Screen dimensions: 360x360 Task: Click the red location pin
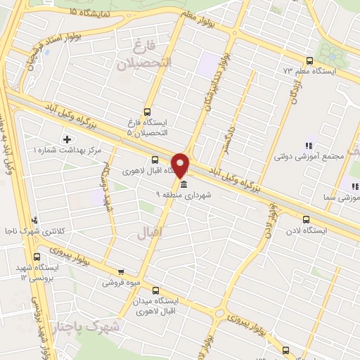(181, 163)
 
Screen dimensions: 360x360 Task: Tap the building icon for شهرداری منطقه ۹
(184, 185)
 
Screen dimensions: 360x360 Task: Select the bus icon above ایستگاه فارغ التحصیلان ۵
(147, 112)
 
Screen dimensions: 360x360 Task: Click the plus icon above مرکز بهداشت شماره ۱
(67, 139)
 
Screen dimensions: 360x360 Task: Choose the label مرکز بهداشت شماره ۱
(67, 150)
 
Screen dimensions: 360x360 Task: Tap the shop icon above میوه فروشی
(121, 272)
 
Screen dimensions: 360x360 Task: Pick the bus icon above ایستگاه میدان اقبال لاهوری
(155, 290)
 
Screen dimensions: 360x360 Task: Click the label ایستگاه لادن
(305, 229)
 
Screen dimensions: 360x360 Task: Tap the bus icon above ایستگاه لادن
(305, 219)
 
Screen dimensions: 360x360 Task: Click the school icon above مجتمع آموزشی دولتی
(309, 146)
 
